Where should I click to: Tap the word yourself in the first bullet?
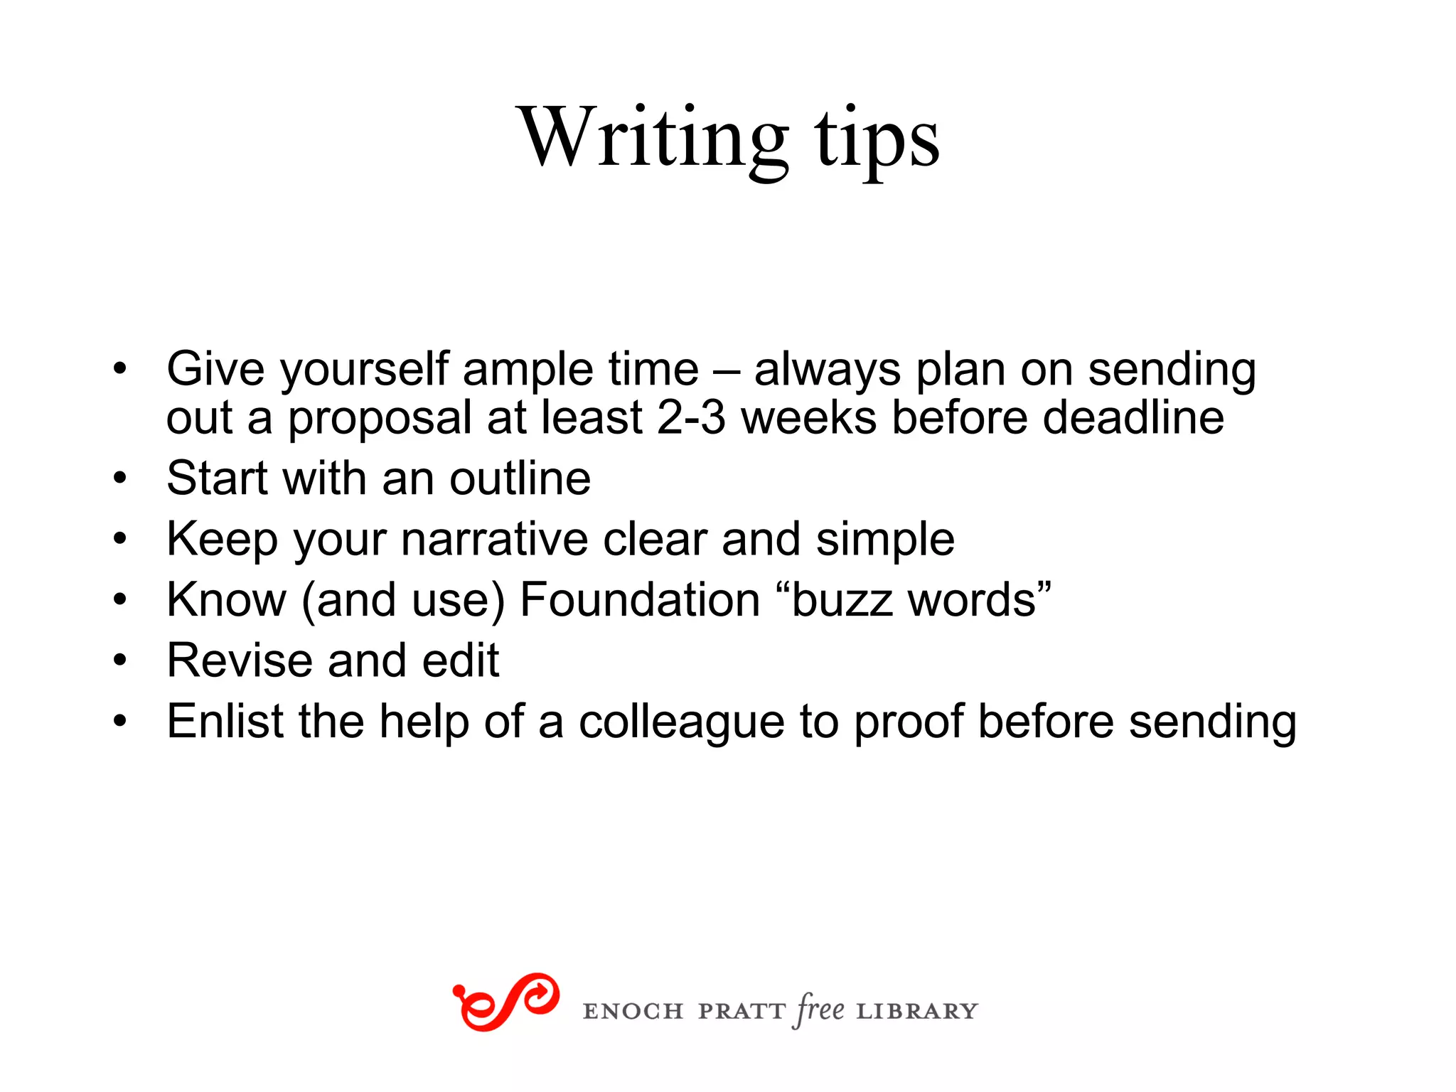tap(365, 370)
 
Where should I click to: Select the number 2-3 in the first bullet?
tap(691, 417)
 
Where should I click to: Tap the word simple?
tap(885, 540)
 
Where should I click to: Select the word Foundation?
tap(640, 600)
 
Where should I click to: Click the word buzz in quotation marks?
tap(842, 601)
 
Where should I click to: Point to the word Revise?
tap(240, 660)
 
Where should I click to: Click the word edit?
tap(461, 660)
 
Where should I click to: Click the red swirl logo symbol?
tap(505, 1002)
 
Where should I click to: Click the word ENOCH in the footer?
tap(633, 1012)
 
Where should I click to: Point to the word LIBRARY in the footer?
tap(917, 1012)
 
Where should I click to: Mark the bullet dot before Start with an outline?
tap(119, 478)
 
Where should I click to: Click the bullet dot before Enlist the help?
tap(119, 722)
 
